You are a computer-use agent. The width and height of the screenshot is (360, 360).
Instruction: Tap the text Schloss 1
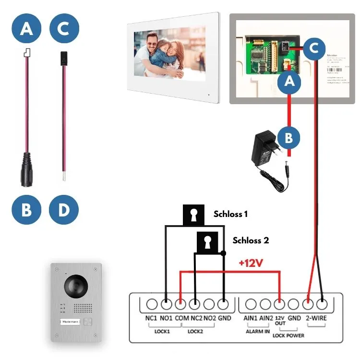point(231,214)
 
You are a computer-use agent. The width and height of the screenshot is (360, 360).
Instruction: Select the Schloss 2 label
point(251,240)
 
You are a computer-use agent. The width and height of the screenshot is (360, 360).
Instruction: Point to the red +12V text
point(251,263)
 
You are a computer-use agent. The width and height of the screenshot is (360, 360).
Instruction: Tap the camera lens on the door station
point(77,286)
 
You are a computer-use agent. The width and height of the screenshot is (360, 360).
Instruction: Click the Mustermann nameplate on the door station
point(71,323)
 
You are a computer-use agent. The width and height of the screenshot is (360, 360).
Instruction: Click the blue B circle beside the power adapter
point(288,138)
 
